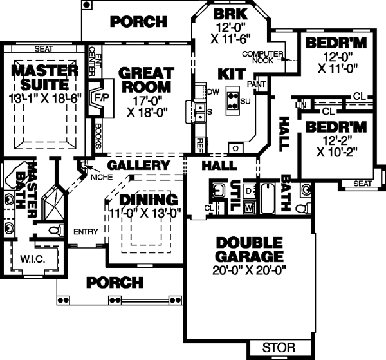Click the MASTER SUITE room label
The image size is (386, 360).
pyautogui.click(x=43, y=77)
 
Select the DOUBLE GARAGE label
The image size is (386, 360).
pyautogui.click(x=250, y=250)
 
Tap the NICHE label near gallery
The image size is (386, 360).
pyautogui.click(x=102, y=176)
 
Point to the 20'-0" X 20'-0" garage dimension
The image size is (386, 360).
pyautogui.click(x=250, y=270)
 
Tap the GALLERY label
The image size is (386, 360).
pyautogui.click(x=138, y=166)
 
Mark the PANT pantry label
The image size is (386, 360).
pyautogui.click(x=261, y=83)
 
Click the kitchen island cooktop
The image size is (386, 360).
pyautogui.click(x=230, y=100)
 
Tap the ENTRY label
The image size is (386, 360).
pyautogui.click(x=85, y=232)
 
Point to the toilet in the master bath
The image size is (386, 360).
pyautogui.click(x=55, y=229)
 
